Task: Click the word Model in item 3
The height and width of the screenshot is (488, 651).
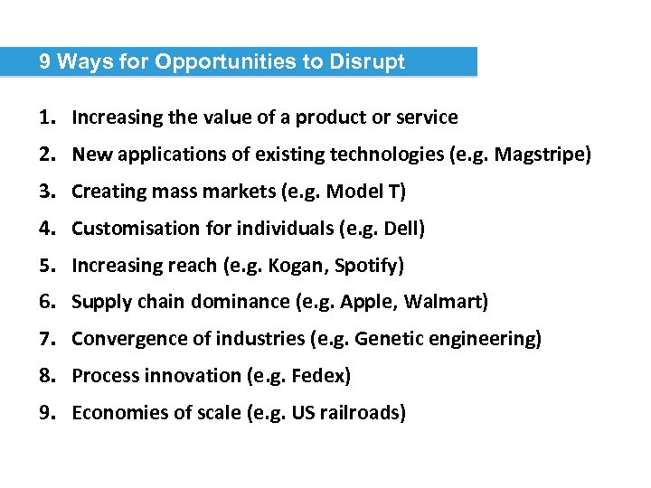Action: point(355,192)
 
